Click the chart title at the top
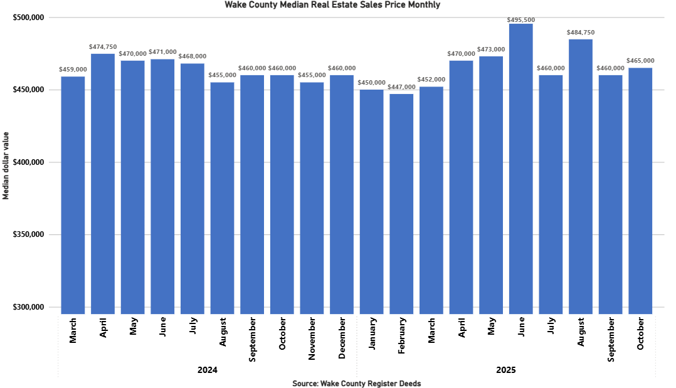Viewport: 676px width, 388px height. (332, 5)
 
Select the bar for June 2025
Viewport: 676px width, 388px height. (520, 169)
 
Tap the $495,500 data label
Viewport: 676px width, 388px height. (520, 19)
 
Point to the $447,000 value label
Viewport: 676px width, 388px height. (401, 87)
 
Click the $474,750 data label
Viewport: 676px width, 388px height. (103, 46)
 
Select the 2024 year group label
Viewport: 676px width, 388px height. (208, 370)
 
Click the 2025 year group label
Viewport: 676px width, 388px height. (505, 370)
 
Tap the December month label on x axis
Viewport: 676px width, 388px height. (342, 338)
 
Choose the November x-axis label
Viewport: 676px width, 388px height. (312, 338)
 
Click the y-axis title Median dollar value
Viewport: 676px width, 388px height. (6, 165)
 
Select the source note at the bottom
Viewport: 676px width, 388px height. (356, 383)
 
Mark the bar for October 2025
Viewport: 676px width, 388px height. (640, 191)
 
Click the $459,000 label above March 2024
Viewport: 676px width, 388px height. (73, 69)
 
